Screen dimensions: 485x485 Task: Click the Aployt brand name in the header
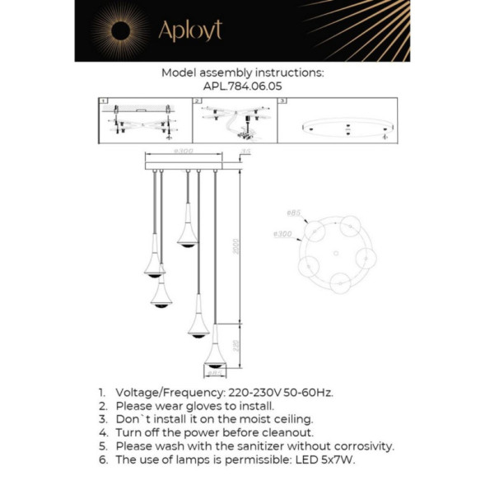click(190, 30)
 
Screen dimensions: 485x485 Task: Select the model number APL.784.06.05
click(242, 85)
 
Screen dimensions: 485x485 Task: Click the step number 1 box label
click(103, 101)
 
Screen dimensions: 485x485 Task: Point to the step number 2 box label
click(198, 101)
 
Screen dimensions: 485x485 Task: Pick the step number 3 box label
click(282, 101)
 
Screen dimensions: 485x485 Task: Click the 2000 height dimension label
click(236, 248)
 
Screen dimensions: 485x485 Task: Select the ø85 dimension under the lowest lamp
click(213, 373)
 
